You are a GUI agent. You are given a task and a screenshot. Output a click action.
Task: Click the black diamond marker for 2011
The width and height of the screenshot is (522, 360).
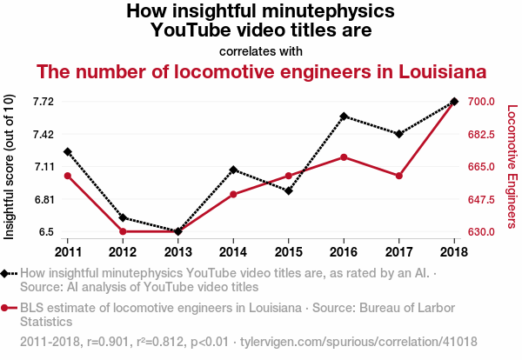pyautogui.click(x=68, y=152)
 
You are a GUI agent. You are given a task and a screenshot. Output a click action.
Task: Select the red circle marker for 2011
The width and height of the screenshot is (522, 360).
pyautogui.click(x=68, y=177)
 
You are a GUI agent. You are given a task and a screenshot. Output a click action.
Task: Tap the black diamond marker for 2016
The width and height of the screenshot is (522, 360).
pyautogui.click(x=344, y=116)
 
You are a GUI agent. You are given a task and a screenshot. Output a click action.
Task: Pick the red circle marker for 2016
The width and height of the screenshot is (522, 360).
pyautogui.click(x=344, y=157)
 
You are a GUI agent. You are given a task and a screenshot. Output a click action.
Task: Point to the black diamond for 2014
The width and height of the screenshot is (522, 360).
pyautogui.click(x=233, y=170)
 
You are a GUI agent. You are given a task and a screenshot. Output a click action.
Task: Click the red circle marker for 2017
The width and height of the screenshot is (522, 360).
pyautogui.click(x=398, y=176)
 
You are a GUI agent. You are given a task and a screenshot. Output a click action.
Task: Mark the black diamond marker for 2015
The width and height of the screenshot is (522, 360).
pyautogui.click(x=289, y=190)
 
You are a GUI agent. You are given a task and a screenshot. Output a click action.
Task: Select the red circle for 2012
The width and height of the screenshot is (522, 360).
pyautogui.click(x=123, y=231)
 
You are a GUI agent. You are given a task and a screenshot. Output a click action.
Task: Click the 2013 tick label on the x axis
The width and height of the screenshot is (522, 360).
pyautogui.click(x=178, y=252)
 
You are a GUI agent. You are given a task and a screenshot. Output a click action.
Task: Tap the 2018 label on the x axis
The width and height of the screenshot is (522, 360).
pyautogui.click(x=454, y=252)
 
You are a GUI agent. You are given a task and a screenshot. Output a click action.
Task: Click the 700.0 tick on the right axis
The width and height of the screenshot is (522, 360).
pyautogui.click(x=481, y=102)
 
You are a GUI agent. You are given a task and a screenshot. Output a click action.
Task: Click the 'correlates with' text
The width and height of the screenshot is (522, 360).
pyautogui.click(x=261, y=50)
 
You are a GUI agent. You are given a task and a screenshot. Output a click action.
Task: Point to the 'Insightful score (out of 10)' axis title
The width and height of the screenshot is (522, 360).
pyautogui.click(x=10, y=167)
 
